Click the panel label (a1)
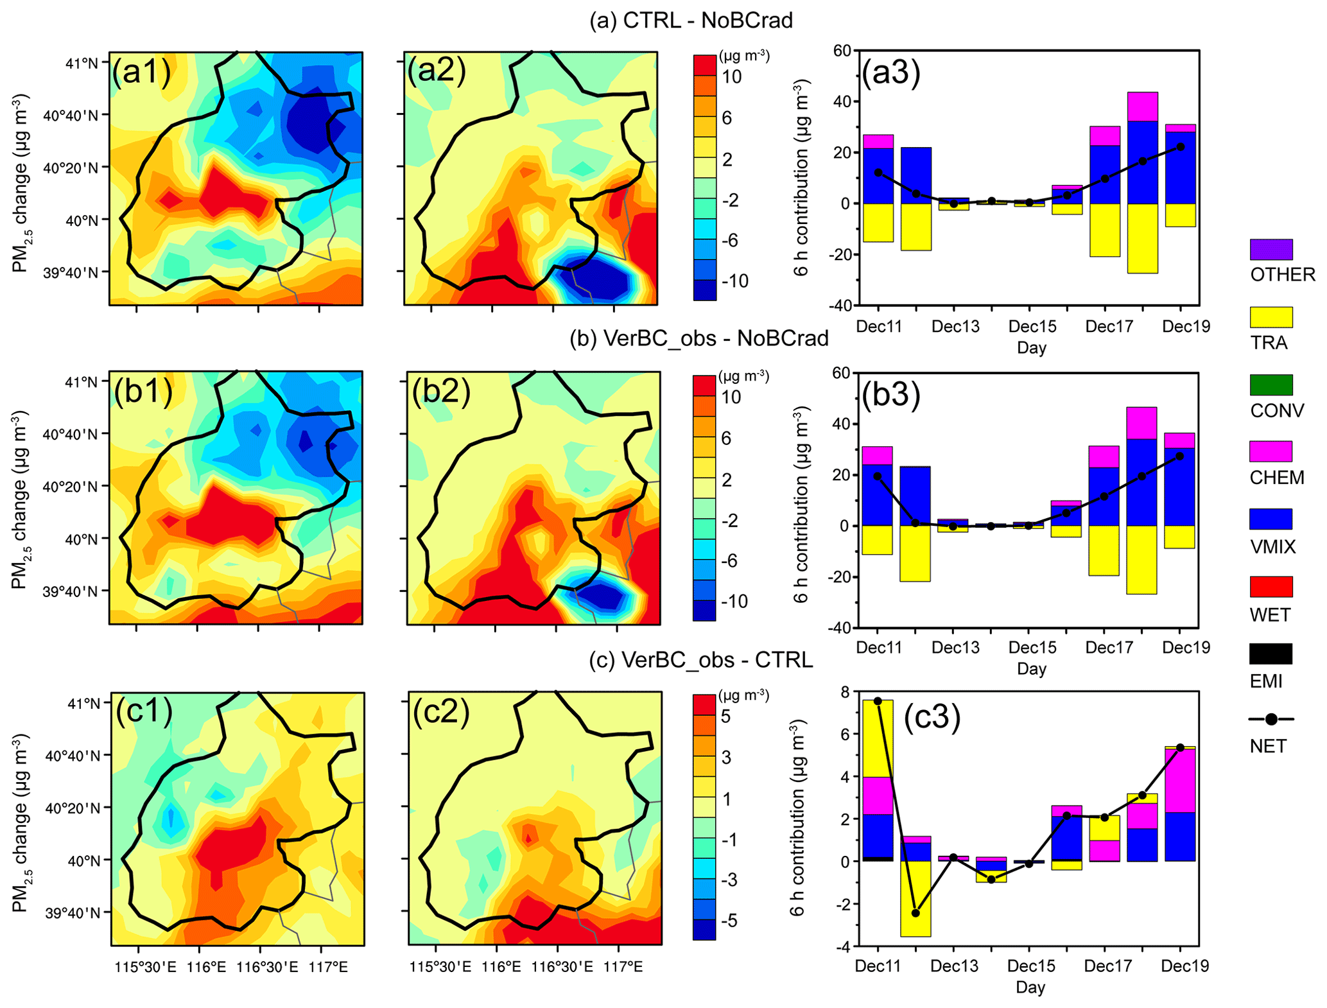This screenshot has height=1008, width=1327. click(x=142, y=71)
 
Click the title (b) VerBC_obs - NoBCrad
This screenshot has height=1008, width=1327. click(x=698, y=338)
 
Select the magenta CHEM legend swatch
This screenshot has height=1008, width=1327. click(x=1271, y=451)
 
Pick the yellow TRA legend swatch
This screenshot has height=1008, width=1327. click(x=1271, y=317)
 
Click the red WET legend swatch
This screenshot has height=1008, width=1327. click(x=1271, y=587)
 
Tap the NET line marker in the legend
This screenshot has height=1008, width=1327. click(x=1271, y=720)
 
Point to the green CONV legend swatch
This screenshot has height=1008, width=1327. click(x=1271, y=385)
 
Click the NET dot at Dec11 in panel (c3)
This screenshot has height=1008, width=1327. click(x=878, y=701)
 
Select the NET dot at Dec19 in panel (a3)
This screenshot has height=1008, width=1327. click(x=1180, y=147)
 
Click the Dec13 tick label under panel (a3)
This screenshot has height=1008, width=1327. click(x=955, y=327)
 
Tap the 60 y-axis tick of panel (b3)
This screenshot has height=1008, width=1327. click(x=842, y=373)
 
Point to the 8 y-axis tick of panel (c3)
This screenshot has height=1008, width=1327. click(x=844, y=692)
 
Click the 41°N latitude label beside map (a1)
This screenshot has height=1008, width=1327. click(x=82, y=63)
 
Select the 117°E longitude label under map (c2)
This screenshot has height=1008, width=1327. click(x=622, y=966)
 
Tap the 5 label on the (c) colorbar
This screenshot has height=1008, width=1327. click(x=725, y=717)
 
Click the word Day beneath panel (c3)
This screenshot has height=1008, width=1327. click(x=1030, y=987)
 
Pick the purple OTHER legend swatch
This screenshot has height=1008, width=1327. click(x=1271, y=249)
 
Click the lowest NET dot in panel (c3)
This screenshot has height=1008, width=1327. click(x=915, y=913)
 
